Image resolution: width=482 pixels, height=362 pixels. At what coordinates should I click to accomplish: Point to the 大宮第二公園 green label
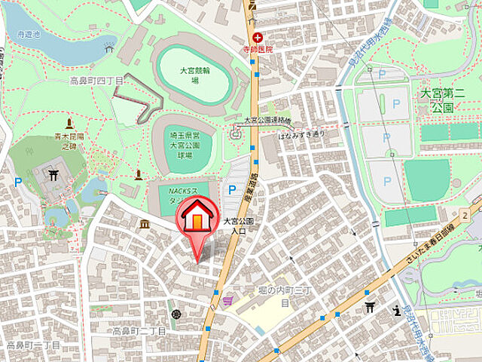[447, 101]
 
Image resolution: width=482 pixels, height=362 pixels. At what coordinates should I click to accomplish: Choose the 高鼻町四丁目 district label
[96, 79]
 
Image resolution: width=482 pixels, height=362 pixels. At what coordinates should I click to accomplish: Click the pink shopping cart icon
[227, 300]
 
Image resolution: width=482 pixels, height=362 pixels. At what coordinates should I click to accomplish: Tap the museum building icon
[144, 225]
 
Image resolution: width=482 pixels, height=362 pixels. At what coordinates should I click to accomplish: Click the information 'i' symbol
[396, 310]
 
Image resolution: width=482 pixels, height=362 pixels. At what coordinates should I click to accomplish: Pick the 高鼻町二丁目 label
[139, 330]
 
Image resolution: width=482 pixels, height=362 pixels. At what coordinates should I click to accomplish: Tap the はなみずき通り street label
[301, 134]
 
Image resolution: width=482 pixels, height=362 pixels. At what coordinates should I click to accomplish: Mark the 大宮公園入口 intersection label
[238, 226]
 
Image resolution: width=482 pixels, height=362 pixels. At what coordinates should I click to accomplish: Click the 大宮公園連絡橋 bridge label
[267, 121]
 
